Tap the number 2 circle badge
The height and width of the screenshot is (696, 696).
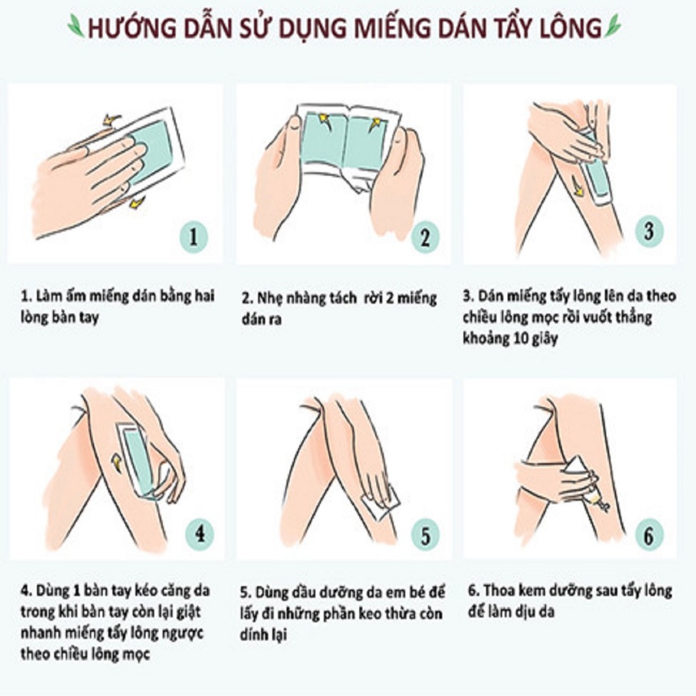(425, 237)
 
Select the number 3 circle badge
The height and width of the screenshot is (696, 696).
(649, 231)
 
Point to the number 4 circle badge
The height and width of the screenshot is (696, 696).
(199, 534)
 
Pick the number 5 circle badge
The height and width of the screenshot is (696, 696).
(425, 536)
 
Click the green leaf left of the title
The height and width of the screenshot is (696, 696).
(76, 26)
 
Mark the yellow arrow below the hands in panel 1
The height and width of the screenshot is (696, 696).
(136, 203)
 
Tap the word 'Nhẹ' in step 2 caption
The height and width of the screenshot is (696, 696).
(269, 298)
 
